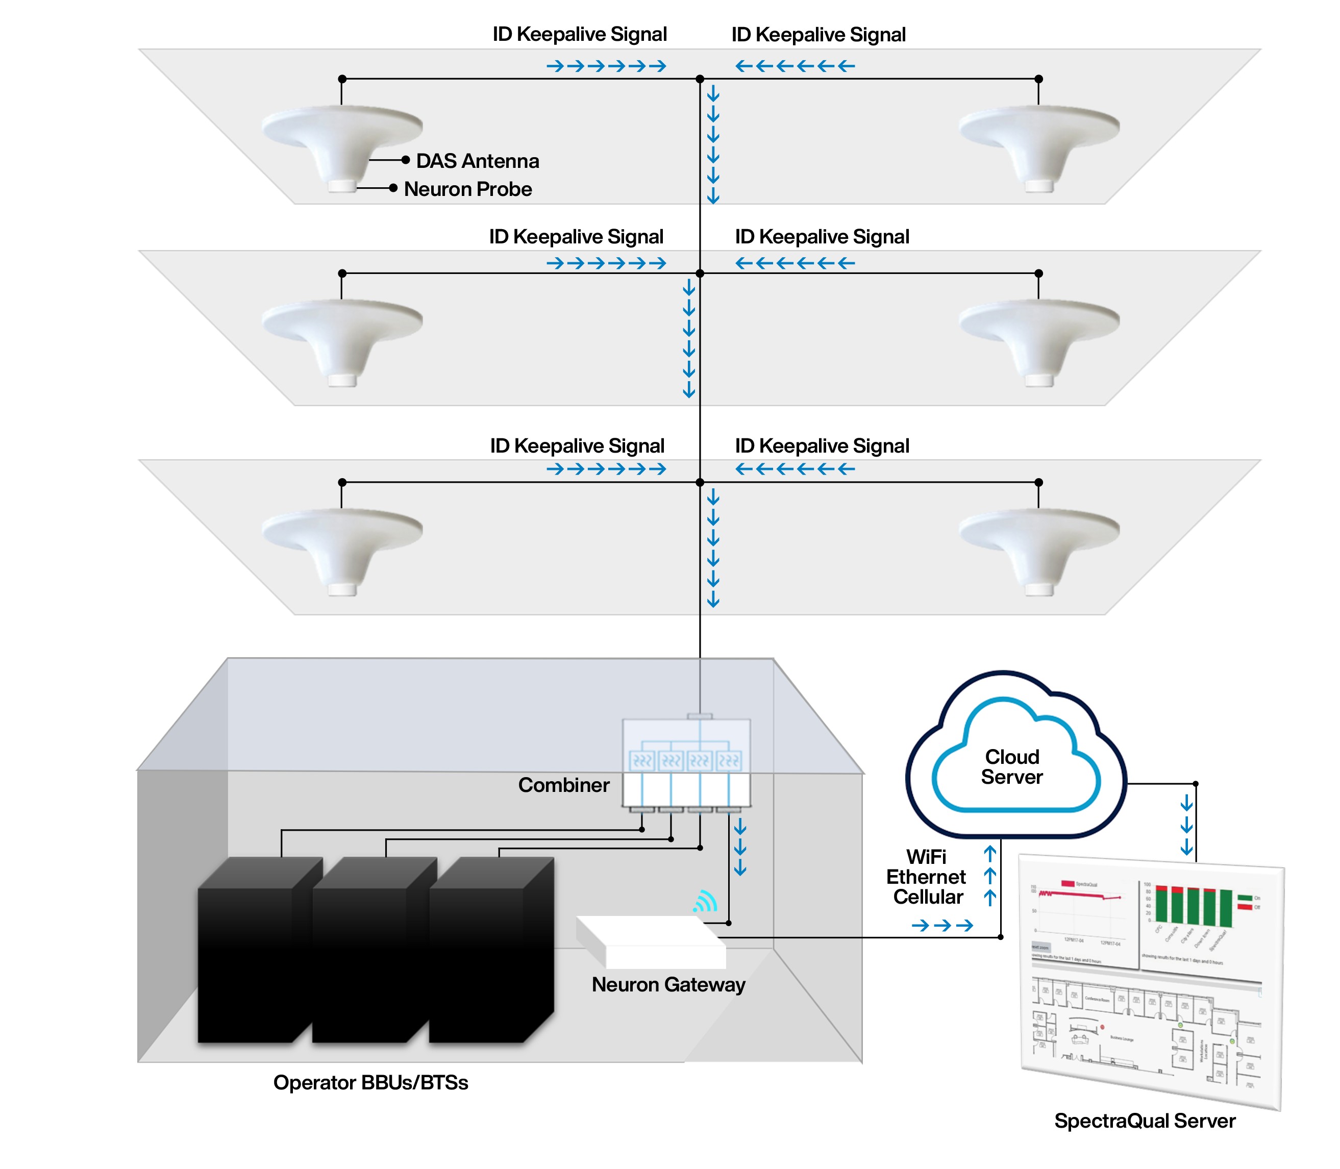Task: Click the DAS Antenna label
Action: click(477, 161)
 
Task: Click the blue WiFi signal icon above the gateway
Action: click(705, 902)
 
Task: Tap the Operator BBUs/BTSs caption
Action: click(370, 1082)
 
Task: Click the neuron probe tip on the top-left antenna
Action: click(342, 186)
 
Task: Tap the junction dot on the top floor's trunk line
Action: click(700, 79)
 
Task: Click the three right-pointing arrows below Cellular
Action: click(942, 925)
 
